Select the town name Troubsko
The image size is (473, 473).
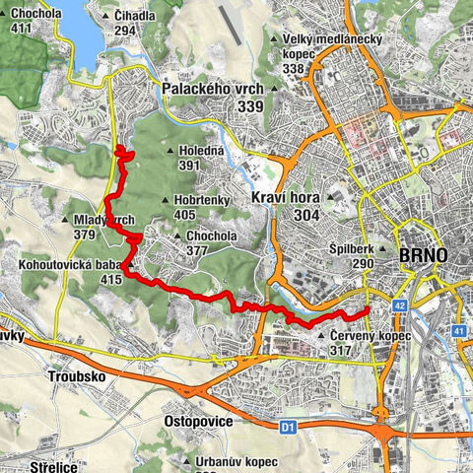click(x=75, y=376)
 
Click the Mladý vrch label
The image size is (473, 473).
click(x=102, y=220)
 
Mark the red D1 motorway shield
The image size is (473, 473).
click(x=288, y=427)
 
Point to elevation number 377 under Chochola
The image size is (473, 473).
click(x=198, y=250)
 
